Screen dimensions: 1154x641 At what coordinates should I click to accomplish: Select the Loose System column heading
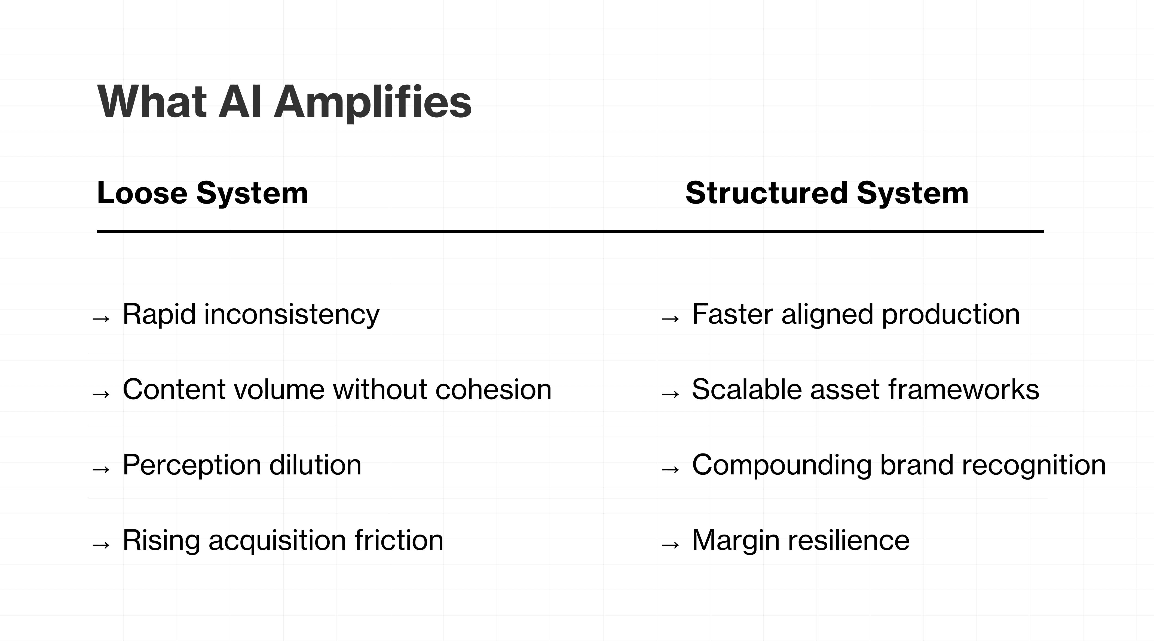(x=203, y=193)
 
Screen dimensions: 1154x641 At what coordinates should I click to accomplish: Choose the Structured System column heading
(x=827, y=193)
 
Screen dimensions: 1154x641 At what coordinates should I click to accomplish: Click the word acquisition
(x=277, y=540)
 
